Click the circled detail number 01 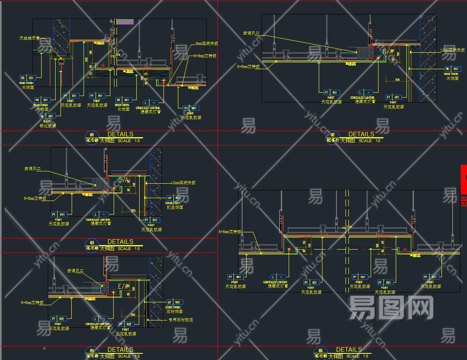pyautogui.click(x=91, y=135)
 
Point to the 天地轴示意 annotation pyautogui.click(x=29, y=38)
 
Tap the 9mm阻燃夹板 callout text pyautogui.click(x=207, y=44)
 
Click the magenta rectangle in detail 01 pyautogui.click(x=125, y=21)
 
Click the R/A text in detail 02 pyautogui.click(x=388, y=51)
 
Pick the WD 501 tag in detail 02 pyautogui.click(x=451, y=68)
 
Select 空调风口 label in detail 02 pyautogui.click(x=251, y=33)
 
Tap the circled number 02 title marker pyautogui.click(x=332, y=135)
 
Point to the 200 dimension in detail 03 pyautogui.click(x=133, y=210)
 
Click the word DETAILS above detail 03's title pyautogui.click(x=120, y=242)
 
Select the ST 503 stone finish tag pyautogui.click(x=175, y=302)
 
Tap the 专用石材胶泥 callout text pyautogui.click(x=180, y=320)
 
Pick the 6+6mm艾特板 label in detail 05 pyautogui.click(x=229, y=232)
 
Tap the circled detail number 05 pyautogui.click(x=320, y=351)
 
